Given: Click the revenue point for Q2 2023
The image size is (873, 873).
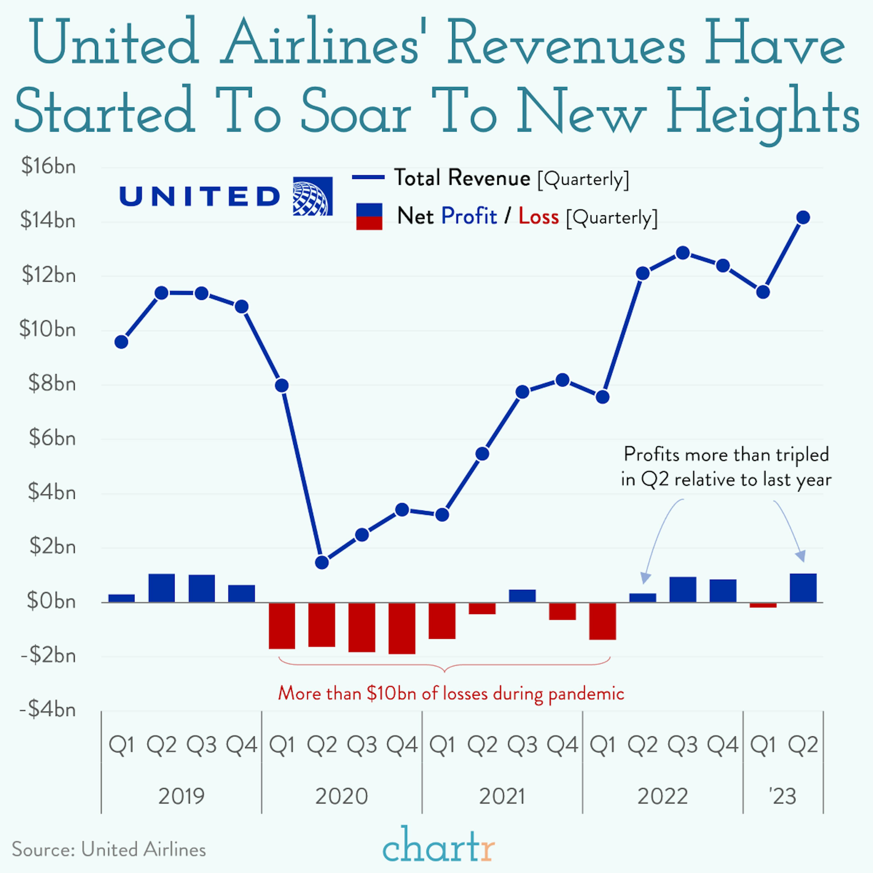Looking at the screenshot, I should (803, 217).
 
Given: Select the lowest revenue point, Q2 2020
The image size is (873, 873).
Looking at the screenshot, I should (322, 563).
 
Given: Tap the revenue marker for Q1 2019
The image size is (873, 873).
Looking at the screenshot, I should (121, 342).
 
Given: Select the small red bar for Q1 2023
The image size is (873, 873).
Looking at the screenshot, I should (763, 605).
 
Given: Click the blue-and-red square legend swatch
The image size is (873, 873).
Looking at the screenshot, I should (369, 216).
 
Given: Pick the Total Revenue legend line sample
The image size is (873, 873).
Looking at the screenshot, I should (368, 177).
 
